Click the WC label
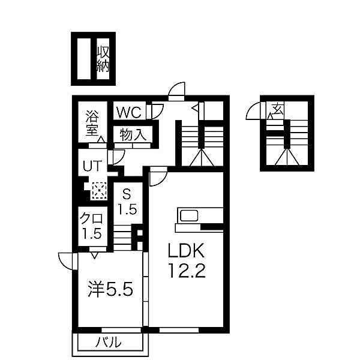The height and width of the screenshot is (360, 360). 128,112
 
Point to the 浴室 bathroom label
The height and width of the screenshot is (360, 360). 91,122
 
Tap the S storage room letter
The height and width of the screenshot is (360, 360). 127,194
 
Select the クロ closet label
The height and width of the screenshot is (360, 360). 92,218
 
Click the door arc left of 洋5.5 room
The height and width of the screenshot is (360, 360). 66,261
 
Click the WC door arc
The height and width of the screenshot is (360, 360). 158,110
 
